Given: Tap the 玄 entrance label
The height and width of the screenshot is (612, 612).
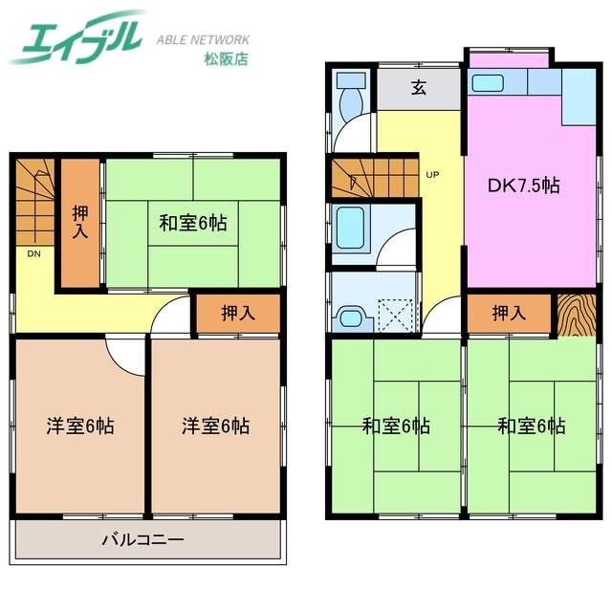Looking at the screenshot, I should [x=419, y=89].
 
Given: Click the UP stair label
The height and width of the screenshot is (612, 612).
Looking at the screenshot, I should [x=432, y=175].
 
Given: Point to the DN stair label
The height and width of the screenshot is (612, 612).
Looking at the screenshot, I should [x=33, y=254].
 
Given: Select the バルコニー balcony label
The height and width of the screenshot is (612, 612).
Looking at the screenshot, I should [x=142, y=540].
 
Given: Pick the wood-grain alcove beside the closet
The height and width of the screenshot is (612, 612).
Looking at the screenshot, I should [x=577, y=314].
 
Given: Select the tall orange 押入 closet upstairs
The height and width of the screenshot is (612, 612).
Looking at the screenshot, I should [x=80, y=222].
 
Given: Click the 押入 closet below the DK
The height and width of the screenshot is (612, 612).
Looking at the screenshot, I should [x=509, y=313].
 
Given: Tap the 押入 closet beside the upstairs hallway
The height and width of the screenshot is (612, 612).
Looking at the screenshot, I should [x=237, y=313].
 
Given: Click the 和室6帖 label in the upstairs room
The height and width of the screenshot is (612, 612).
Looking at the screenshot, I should [x=192, y=224].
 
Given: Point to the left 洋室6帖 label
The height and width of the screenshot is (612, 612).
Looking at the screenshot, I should [x=80, y=426].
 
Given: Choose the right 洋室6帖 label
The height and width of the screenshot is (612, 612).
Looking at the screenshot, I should [x=216, y=426].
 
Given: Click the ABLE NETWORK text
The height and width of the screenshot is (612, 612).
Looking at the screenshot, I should [x=203, y=40].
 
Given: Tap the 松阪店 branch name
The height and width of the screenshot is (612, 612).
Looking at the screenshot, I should [x=226, y=59].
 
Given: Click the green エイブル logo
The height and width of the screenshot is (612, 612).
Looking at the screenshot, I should [x=76, y=36].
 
